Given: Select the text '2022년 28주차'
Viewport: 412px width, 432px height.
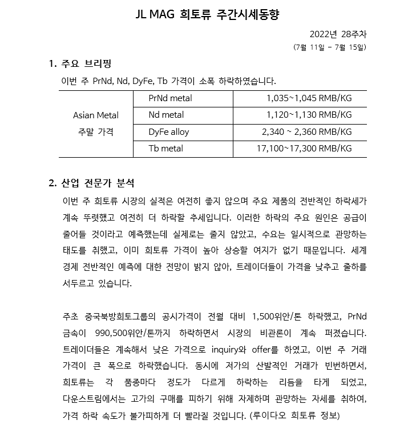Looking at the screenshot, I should (x=337, y=34).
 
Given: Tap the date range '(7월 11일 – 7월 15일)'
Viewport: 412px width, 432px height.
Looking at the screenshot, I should (x=329, y=47).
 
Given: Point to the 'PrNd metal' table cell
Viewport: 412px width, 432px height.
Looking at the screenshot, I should (x=170, y=98).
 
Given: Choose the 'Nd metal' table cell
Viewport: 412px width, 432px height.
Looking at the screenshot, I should (x=166, y=115).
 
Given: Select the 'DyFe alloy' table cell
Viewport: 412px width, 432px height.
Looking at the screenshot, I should (x=168, y=132).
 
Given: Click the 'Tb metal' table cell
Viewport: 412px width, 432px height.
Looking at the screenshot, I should (x=165, y=149).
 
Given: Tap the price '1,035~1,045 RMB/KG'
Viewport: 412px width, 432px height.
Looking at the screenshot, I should (x=309, y=98).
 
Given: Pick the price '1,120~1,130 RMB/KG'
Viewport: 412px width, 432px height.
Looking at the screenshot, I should (x=309, y=115).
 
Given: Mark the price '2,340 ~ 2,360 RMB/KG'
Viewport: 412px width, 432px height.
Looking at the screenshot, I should (x=306, y=132).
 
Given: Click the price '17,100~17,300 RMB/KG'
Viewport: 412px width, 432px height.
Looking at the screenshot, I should (x=304, y=149).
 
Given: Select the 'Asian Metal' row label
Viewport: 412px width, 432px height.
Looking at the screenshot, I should (x=96, y=115).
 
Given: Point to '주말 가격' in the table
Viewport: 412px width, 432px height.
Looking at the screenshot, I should (x=96, y=132).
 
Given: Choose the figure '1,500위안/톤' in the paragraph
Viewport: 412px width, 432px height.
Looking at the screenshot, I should (x=276, y=315).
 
